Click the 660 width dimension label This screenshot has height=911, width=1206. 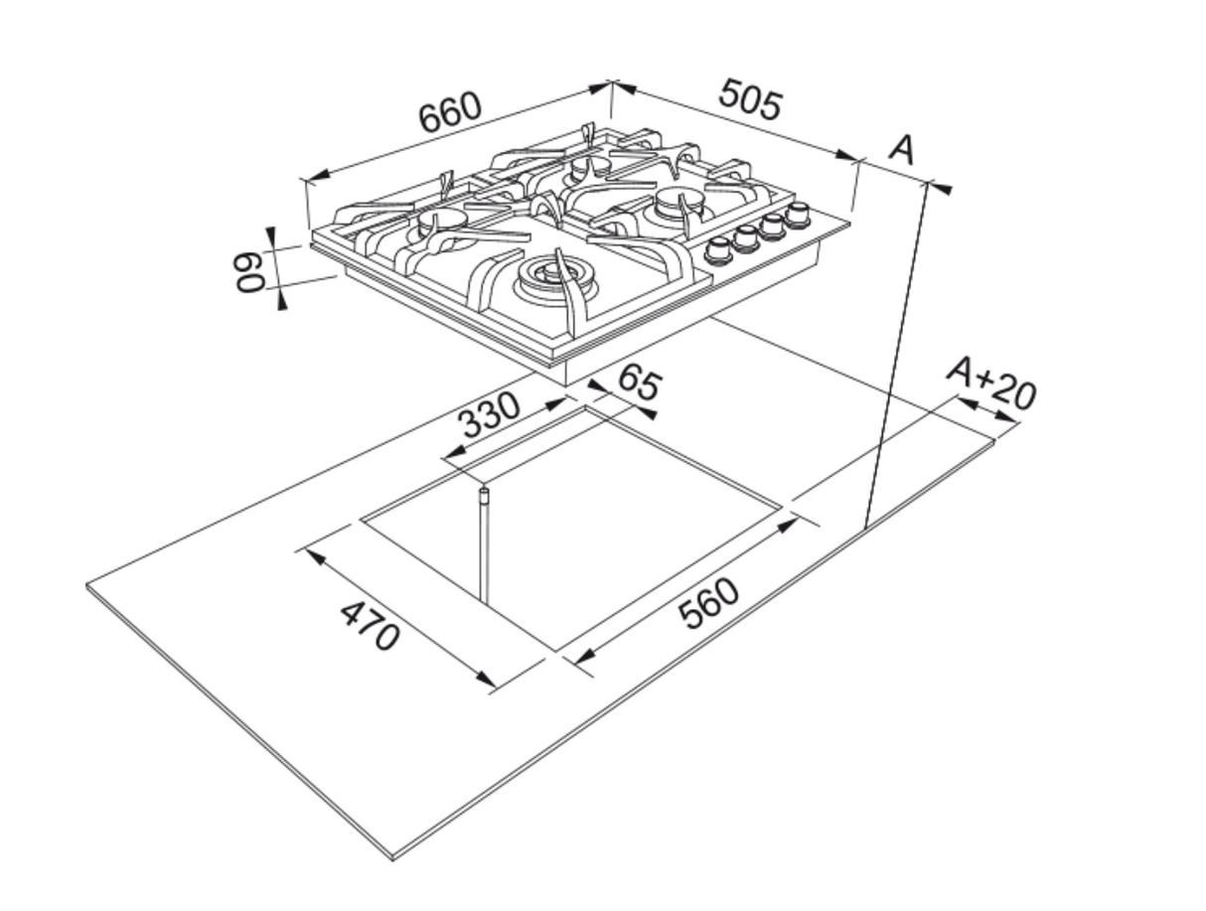click(449, 113)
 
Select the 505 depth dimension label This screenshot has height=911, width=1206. click(750, 99)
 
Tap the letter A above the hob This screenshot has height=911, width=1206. click(901, 150)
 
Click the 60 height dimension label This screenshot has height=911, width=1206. click(248, 270)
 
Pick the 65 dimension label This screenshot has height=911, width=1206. click(638, 381)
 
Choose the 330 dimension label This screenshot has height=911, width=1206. click(490, 416)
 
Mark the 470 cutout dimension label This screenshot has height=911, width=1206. click(370, 625)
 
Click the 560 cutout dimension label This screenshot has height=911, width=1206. click(709, 603)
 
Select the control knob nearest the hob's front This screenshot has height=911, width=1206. click(718, 250)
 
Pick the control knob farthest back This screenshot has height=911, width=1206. click(796, 213)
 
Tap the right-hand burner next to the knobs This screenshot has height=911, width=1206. click(680, 204)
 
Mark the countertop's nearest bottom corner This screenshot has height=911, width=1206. click(393, 856)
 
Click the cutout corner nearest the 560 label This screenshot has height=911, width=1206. click(556, 651)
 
